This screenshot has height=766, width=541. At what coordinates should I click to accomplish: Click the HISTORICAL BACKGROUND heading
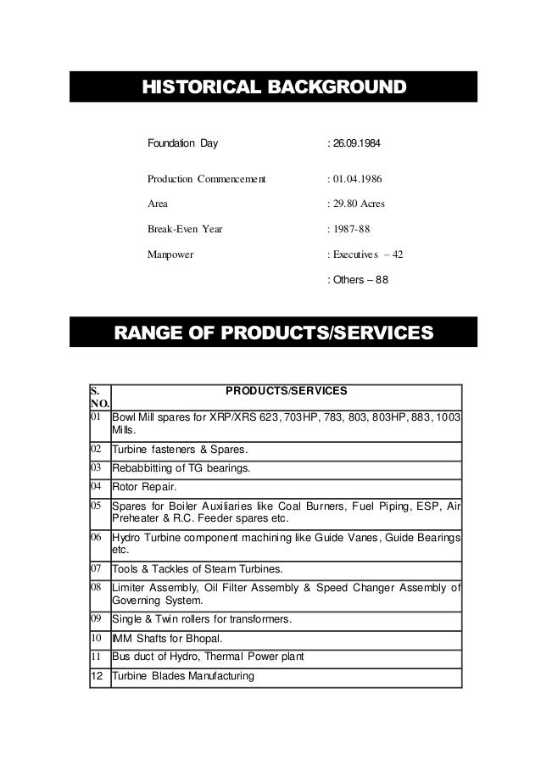click(273, 87)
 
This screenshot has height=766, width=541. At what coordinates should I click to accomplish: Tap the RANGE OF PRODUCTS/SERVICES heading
click(273, 333)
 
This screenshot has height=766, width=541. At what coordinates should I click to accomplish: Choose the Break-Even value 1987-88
click(351, 228)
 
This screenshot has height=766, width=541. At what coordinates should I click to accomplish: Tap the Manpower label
click(170, 253)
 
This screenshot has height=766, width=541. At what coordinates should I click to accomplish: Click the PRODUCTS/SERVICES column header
click(286, 393)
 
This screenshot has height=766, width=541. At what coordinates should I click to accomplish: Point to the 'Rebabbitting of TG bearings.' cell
click(181, 467)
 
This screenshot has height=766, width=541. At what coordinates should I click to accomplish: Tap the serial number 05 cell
click(99, 506)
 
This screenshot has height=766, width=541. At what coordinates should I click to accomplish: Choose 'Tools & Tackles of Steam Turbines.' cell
click(199, 567)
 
